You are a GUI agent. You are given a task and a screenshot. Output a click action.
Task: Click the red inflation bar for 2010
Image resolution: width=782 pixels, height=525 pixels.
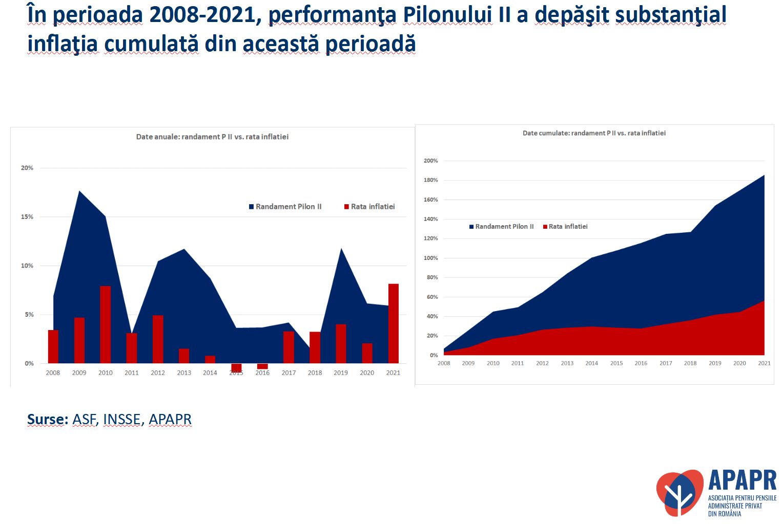pyautogui.click(x=105, y=324)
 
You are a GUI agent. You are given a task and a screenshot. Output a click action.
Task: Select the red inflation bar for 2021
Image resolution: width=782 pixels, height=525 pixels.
pyautogui.click(x=393, y=323)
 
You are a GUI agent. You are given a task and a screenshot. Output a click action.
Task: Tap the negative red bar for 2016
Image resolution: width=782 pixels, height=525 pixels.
pyautogui.click(x=262, y=366)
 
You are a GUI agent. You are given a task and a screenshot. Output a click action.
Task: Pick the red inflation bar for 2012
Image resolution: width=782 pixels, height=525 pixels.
pyautogui.click(x=158, y=339)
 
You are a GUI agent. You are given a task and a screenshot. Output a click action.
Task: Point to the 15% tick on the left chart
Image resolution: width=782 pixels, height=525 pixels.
pyautogui.click(x=27, y=217)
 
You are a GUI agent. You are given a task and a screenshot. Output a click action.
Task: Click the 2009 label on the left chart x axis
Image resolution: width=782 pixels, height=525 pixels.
pyautogui.click(x=79, y=373)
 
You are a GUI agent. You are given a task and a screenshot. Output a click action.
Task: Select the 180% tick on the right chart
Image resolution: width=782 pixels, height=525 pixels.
pyautogui.click(x=430, y=180)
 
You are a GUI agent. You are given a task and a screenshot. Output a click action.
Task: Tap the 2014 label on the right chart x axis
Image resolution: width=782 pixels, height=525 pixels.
pyautogui.click(x=591, y=363)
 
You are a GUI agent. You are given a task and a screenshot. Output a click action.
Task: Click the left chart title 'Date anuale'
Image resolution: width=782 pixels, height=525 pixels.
pyautogui.click(x=212, y=137)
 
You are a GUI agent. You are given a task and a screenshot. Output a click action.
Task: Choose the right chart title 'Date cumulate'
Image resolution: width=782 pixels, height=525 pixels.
pyautogui.click(x=594, y=133)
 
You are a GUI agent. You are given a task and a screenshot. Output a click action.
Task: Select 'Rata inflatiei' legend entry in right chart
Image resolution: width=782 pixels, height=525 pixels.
pyautogui.click(x=567, y=227)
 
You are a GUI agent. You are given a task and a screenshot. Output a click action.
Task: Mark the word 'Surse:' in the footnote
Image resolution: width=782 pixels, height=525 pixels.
pyautogui.click(x=47, y=420)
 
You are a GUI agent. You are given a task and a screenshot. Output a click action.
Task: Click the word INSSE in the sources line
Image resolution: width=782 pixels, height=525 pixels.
pyautogui.click(x=121, y=420)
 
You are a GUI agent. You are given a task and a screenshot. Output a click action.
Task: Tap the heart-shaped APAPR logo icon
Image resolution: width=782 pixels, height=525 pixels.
pyautogui.click(x=680, y=492)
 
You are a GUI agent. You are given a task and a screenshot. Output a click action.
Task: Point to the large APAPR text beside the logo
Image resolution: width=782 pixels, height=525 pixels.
pyautogui.click(x=742, y=480)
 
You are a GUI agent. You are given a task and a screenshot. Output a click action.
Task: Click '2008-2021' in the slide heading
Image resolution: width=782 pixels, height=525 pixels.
pyautogui.click(x=202, y=15)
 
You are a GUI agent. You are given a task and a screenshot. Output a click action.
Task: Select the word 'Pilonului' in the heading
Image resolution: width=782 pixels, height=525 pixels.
pyautogui.click(x=447, y=15)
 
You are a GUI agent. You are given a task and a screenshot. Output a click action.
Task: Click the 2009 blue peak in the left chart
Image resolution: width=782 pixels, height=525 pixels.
pyautogui.click(x=79, y=192)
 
